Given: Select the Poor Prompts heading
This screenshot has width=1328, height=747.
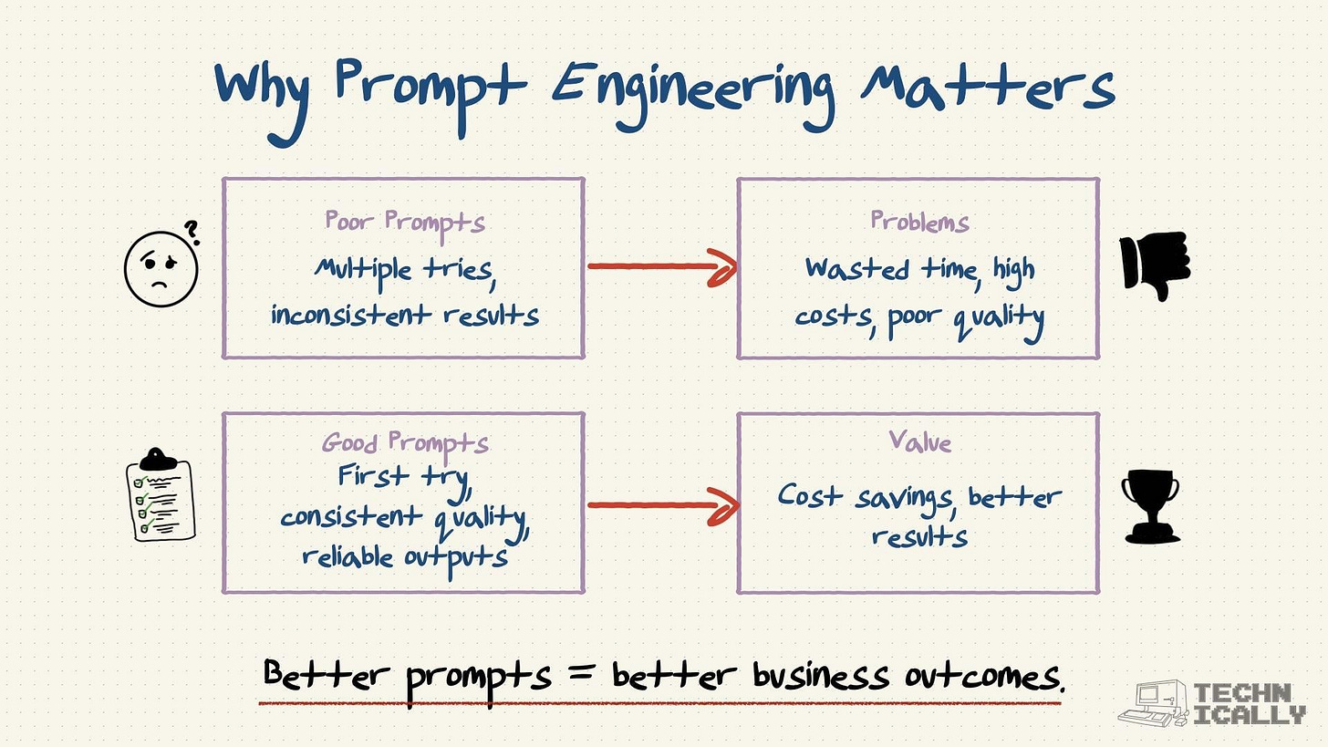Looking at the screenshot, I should pyautogui.click(x=405, y=223).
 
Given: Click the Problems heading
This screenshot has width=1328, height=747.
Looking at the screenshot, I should pyautogui.click(x=919, y=222).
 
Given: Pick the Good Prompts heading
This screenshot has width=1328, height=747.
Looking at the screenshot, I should pyautogui.click(x=405, y=443).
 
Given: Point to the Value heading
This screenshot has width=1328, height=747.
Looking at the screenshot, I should pyautogui.click(x=919, y=442).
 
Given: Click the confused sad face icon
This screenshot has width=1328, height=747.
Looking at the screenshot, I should pyautogui.click(x=161, y=270).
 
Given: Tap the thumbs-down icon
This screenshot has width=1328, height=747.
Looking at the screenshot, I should pyautogui.click(x=1155, y=265).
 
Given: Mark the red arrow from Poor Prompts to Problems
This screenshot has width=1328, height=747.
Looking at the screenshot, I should pyautogui.click(x=661, y=267).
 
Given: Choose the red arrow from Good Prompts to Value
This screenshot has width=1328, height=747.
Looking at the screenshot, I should pyautogui.click(x=661, y=505).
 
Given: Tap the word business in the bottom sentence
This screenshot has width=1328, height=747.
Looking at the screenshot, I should pyautogui.click(x=820, y=677).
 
